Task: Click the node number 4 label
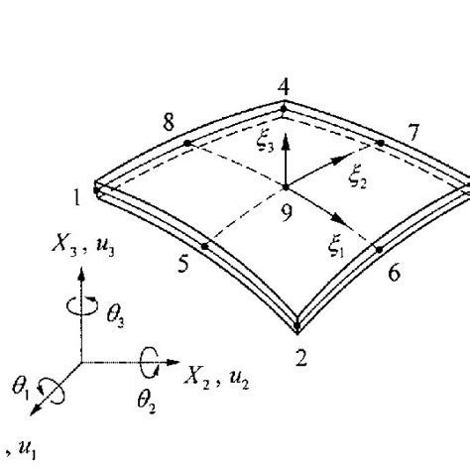point(284,88)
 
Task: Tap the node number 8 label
point(169,122)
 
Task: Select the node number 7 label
point(413,133)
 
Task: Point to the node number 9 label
point(287,213)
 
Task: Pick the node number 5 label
point(183,264)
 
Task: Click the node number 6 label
point(394,273)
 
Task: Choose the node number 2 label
point(300,358)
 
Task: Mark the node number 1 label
point(76,197)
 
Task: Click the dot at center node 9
point(286,187)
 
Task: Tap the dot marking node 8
point(187,143)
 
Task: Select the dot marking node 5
point(205,246)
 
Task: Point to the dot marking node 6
point(380,250)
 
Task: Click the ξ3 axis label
point(266,143)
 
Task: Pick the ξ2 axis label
point(358,179)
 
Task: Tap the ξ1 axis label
point(336,248)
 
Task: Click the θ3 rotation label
point(115,315)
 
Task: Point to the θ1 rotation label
point(20,388)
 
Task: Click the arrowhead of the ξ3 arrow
point(286,144)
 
